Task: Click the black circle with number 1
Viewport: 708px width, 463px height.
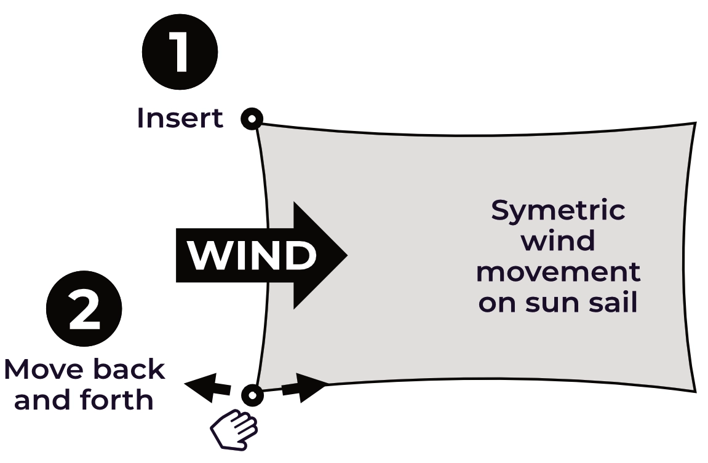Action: [x=180, y=52]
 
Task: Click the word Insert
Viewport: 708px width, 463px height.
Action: [x=180, y=118]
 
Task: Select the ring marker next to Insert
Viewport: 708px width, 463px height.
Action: [x=252, y=119]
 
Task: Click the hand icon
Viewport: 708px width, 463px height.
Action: [x=234, y=428]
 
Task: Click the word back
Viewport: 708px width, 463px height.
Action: [x=129, y=370]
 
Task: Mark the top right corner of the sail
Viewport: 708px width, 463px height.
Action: [x=695, y=124]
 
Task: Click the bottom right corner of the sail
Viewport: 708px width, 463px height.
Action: [x=695, y=390]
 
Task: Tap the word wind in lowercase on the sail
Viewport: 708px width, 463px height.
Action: [x=558, y=241]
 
